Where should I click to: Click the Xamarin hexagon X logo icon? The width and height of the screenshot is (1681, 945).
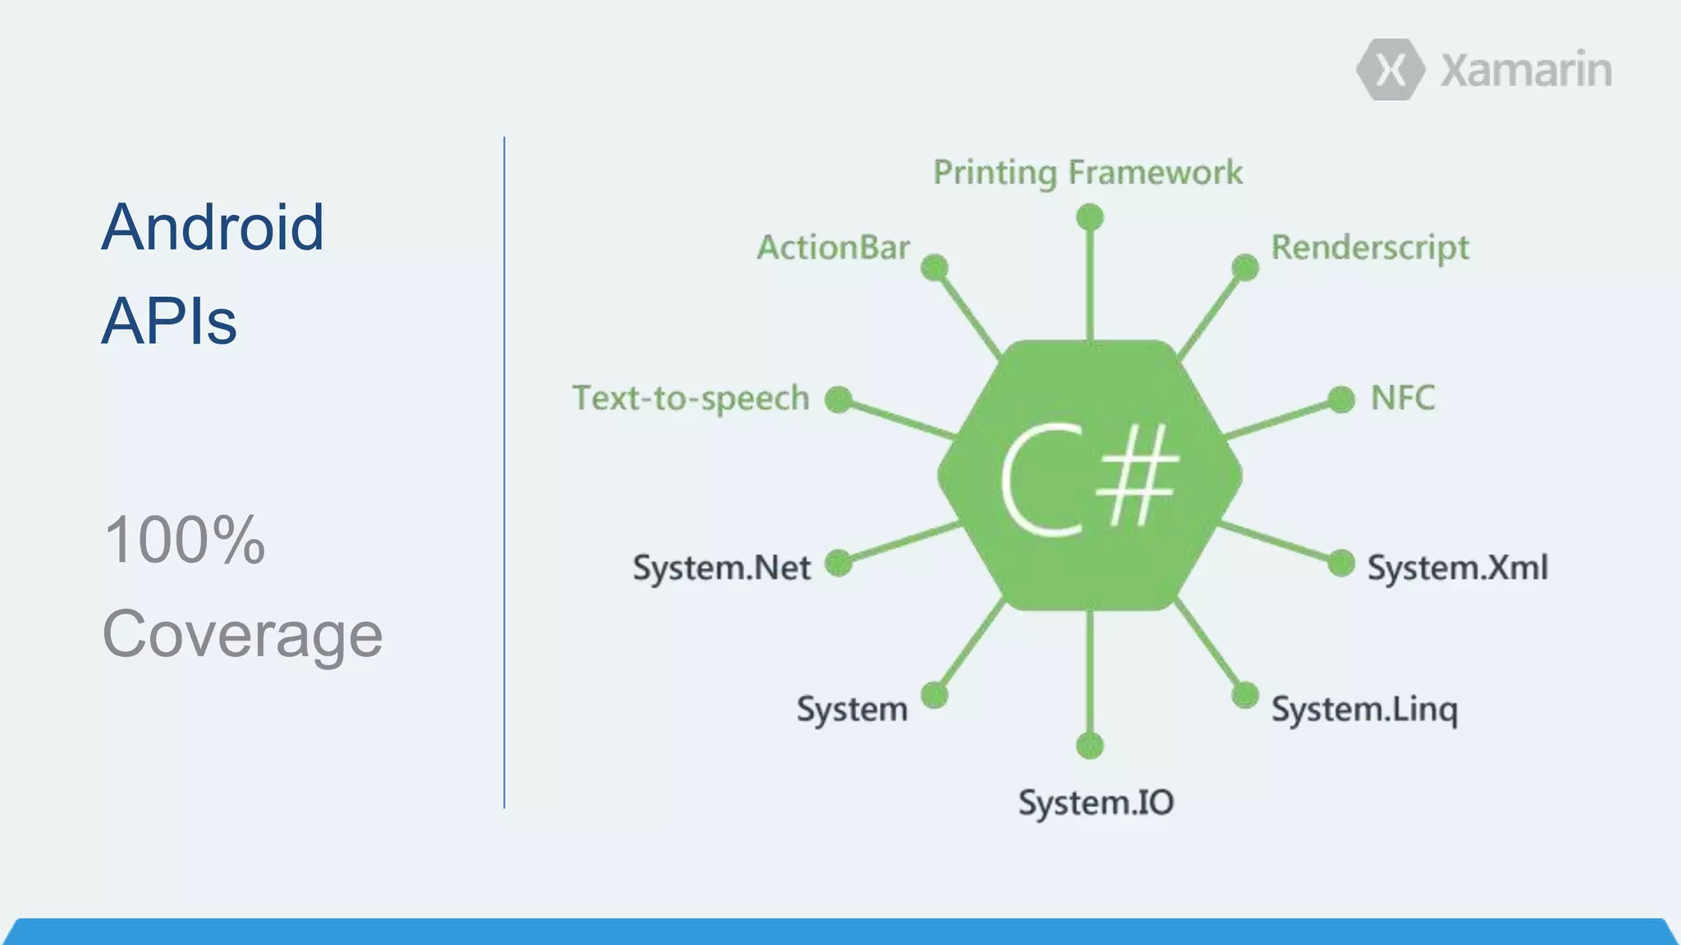(x=1390, y=70)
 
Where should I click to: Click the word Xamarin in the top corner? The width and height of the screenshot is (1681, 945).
(x=1526, y=70)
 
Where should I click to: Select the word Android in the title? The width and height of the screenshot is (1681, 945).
(x=213, y=227)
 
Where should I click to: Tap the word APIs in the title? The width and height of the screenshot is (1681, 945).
(x=169, y=322)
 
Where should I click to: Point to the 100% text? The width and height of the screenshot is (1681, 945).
(x=185, y=540)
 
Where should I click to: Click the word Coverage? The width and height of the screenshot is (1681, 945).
(x=242, y=634)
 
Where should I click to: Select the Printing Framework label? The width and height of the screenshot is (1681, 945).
(x=1088, y=173)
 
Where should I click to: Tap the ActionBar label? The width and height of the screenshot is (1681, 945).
(x=833, y=248)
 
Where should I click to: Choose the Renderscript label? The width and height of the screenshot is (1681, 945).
(x=1370, y=248)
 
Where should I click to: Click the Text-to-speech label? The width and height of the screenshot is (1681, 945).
(x=691, y=399)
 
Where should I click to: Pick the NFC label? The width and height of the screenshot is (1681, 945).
(x=1403, y=399)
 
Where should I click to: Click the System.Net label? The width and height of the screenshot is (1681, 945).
(x=721, y=568)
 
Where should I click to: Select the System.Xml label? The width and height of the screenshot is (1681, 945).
(x=1457, y=568)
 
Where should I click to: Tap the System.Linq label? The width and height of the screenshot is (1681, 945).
(x=1364, y=710)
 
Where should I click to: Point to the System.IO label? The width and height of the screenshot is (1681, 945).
(x=1096, y=802)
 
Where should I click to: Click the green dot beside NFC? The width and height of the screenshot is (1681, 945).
(x=1340, y=399)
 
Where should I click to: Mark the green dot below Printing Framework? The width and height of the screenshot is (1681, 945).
(x=1089, y=217)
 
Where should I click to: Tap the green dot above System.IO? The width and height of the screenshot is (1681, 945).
(x=1089, y=746)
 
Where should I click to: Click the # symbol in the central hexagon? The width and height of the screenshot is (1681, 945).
(x=1137, y=477)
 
